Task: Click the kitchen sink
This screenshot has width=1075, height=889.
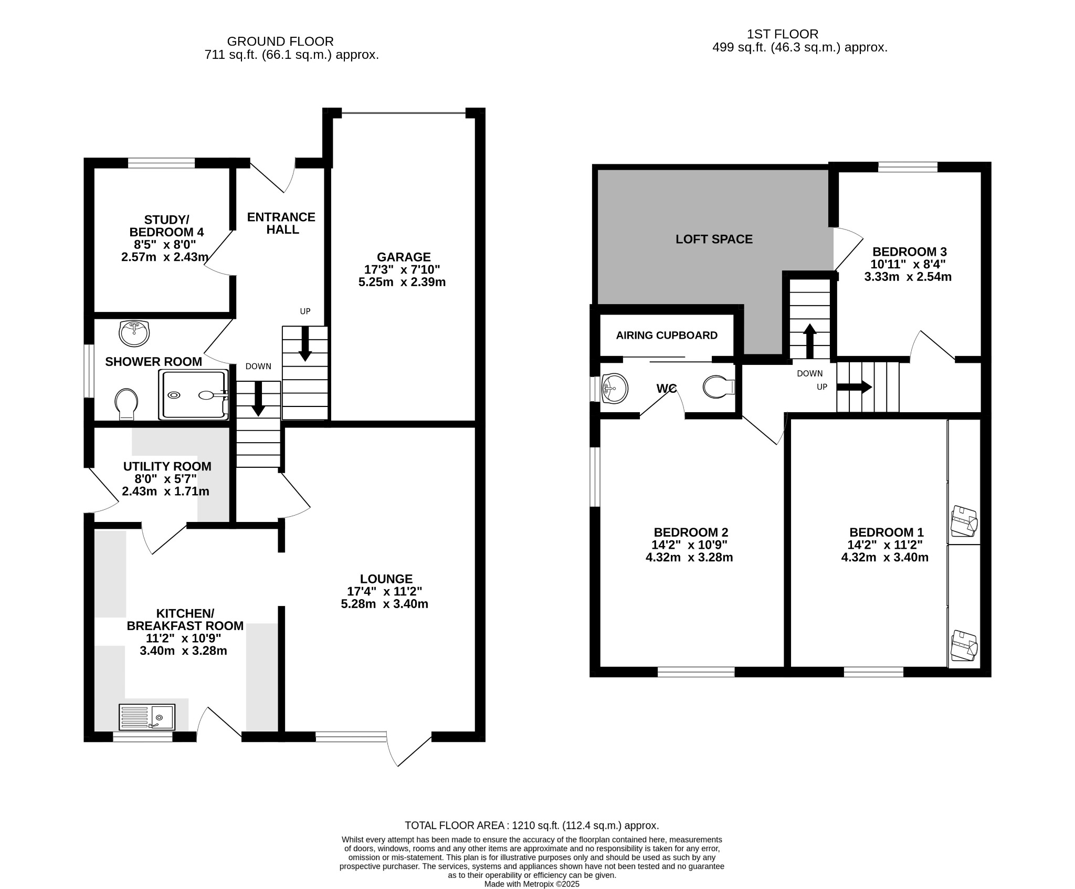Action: point(147,717)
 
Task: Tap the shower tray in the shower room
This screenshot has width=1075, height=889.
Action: point(194,394)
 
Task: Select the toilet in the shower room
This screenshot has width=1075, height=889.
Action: point(126,404)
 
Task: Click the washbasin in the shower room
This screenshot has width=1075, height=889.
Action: point(134,333)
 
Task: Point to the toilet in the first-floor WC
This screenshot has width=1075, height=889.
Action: point(719,388)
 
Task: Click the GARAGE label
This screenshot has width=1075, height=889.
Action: point(404,257)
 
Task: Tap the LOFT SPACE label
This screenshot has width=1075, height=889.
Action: point(714,239)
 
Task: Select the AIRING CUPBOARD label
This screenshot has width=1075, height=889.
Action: point(667,335)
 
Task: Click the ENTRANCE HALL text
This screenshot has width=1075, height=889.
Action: point(281,223)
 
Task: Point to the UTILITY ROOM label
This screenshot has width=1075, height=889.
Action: point(167,466)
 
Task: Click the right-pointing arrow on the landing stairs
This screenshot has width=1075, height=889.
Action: point(854,388)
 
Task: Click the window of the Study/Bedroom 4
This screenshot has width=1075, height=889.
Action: point(161,163)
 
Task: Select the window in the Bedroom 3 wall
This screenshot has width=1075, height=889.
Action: point(908,167)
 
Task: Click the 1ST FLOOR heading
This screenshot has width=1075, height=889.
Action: point(782,34)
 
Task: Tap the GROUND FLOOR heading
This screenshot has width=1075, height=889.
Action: point(280,41)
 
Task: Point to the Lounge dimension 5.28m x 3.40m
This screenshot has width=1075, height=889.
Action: point(384,604)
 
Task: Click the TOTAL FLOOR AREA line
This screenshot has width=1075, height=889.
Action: point(532,825)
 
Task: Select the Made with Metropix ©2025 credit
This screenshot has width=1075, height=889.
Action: point(532,884)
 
